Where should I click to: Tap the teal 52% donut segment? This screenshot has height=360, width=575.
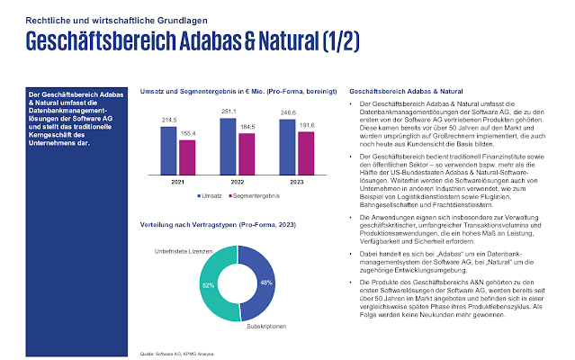tap(208, 284)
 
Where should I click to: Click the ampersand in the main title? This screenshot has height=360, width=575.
tap(313, 41)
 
